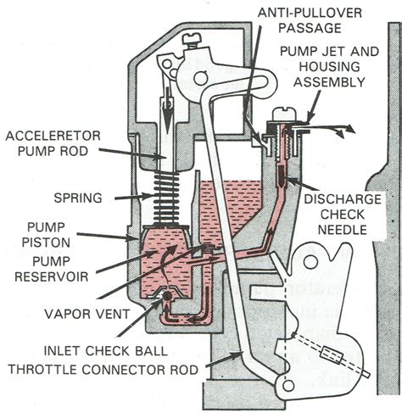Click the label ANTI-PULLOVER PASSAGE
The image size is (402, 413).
(286, 18)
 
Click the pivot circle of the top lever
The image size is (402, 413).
(203, 79)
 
